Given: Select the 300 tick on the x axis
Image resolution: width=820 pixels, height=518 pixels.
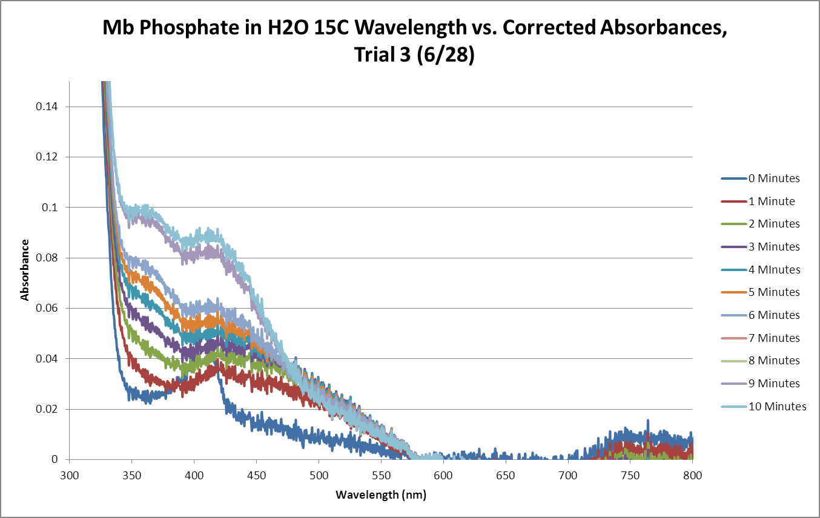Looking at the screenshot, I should point(70,475).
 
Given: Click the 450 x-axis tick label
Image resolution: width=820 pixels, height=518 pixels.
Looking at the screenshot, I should point(256,475).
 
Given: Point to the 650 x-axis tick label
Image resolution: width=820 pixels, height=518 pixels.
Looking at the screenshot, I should point(506,475).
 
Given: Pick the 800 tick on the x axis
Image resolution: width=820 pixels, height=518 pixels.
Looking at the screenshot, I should point(692,475).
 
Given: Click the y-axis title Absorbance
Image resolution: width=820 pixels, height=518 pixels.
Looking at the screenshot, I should point(25,270).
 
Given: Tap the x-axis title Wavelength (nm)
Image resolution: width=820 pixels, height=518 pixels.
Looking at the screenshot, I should point(381,495).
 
